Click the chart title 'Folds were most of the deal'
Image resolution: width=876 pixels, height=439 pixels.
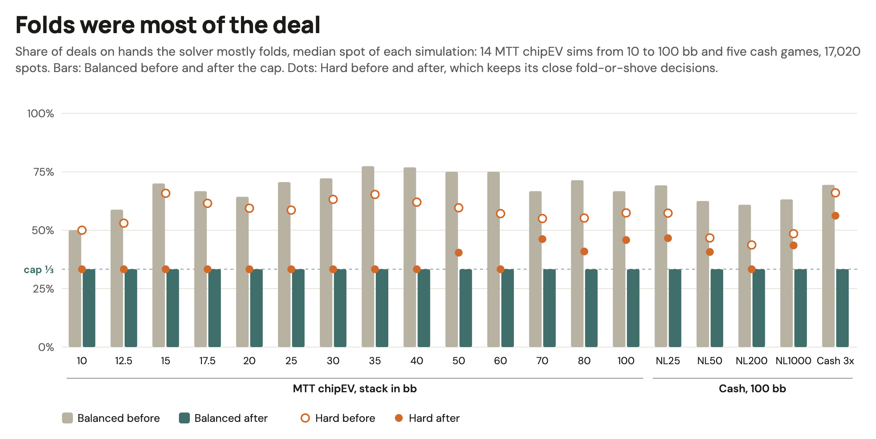pyautogui.click(x=168, y=25)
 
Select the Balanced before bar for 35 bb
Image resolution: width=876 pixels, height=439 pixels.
pyautogui.click(x=368, y=257)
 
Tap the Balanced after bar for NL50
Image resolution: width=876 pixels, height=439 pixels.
pyautogui.click(x=717, y=308)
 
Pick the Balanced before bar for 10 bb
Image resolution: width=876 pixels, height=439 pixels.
pyautogui.click(x=75, y=289)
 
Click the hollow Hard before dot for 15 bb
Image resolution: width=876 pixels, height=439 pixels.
pyautogui.click(x=166, y=194)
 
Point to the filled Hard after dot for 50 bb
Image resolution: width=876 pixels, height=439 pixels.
pyautogui.click(x=459, y=253)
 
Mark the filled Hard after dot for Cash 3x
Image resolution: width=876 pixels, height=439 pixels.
pyautogui.click(x=835, y=216)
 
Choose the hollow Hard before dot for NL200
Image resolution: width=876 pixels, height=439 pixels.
pyautogui.click(x=752, y=245)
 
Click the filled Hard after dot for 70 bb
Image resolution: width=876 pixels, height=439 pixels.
pyautogui.click(x=542, y=239)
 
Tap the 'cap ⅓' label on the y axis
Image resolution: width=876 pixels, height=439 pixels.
pyautogui.click(x=39, y=270)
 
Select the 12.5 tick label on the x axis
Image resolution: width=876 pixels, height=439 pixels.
pyautogui.click(x=124, y=361)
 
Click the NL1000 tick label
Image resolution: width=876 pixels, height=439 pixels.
pyautogui.click(x=793, y=361)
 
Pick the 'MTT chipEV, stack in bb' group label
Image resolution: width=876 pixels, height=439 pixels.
pyautogui.click(x=355, y=389)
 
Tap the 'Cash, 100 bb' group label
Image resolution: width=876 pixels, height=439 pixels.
pyautogui.click(x=752, y=389)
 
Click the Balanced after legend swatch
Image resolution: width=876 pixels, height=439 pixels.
pyautogui.click(x=184, y=418)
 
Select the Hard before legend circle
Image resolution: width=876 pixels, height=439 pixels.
pyautogui.click(x=305, y=418)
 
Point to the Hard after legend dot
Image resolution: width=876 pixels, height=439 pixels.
pyautogui.click(x=399, y=418)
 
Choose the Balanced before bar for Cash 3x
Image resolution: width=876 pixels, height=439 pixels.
pyautogui.click(x=828, y=266)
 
